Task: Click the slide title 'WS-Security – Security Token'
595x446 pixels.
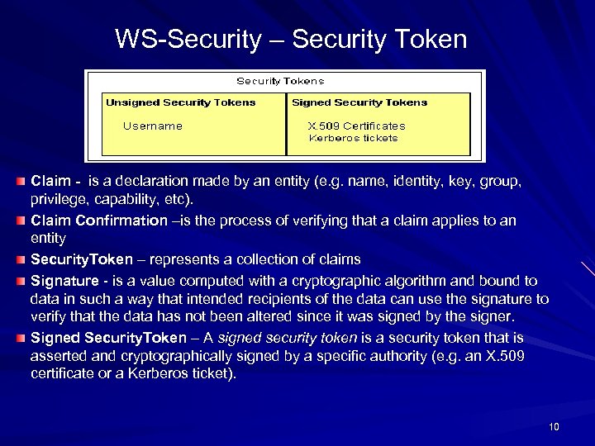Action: pyautogui.click(x=291, y=39)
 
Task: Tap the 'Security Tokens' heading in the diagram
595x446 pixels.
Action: pyautogui.click(x=280, y=81)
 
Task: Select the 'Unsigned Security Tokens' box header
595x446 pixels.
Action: pyautogui.click(x=180, y=102)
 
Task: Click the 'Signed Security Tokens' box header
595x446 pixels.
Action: pyautogui.click(x=359, y=102)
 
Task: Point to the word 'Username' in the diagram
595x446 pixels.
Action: pyautogui.click(x=152, y=126)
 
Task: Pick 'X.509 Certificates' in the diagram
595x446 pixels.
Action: pyautogui.click(x=356, y=126)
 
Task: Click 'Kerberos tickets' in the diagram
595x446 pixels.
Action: pyautogui.click(x=353, y=138)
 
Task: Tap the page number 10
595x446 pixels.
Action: pyautogui.click(x=554, y=426)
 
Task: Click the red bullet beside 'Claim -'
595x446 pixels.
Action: pyautogui.click(x=20, y=179)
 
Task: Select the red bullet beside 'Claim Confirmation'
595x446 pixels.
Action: pyautogui.click(x=20, y=221)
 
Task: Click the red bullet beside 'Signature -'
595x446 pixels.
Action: pyautogui.click(x=20, y=281)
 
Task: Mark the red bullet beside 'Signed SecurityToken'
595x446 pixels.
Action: pyautogui.click(x=20, y=338)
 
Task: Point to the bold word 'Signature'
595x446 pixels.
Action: pyautogui.click(x=64, y=281)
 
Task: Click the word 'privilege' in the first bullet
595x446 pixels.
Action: pyautogui.click(x=59, y=200)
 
